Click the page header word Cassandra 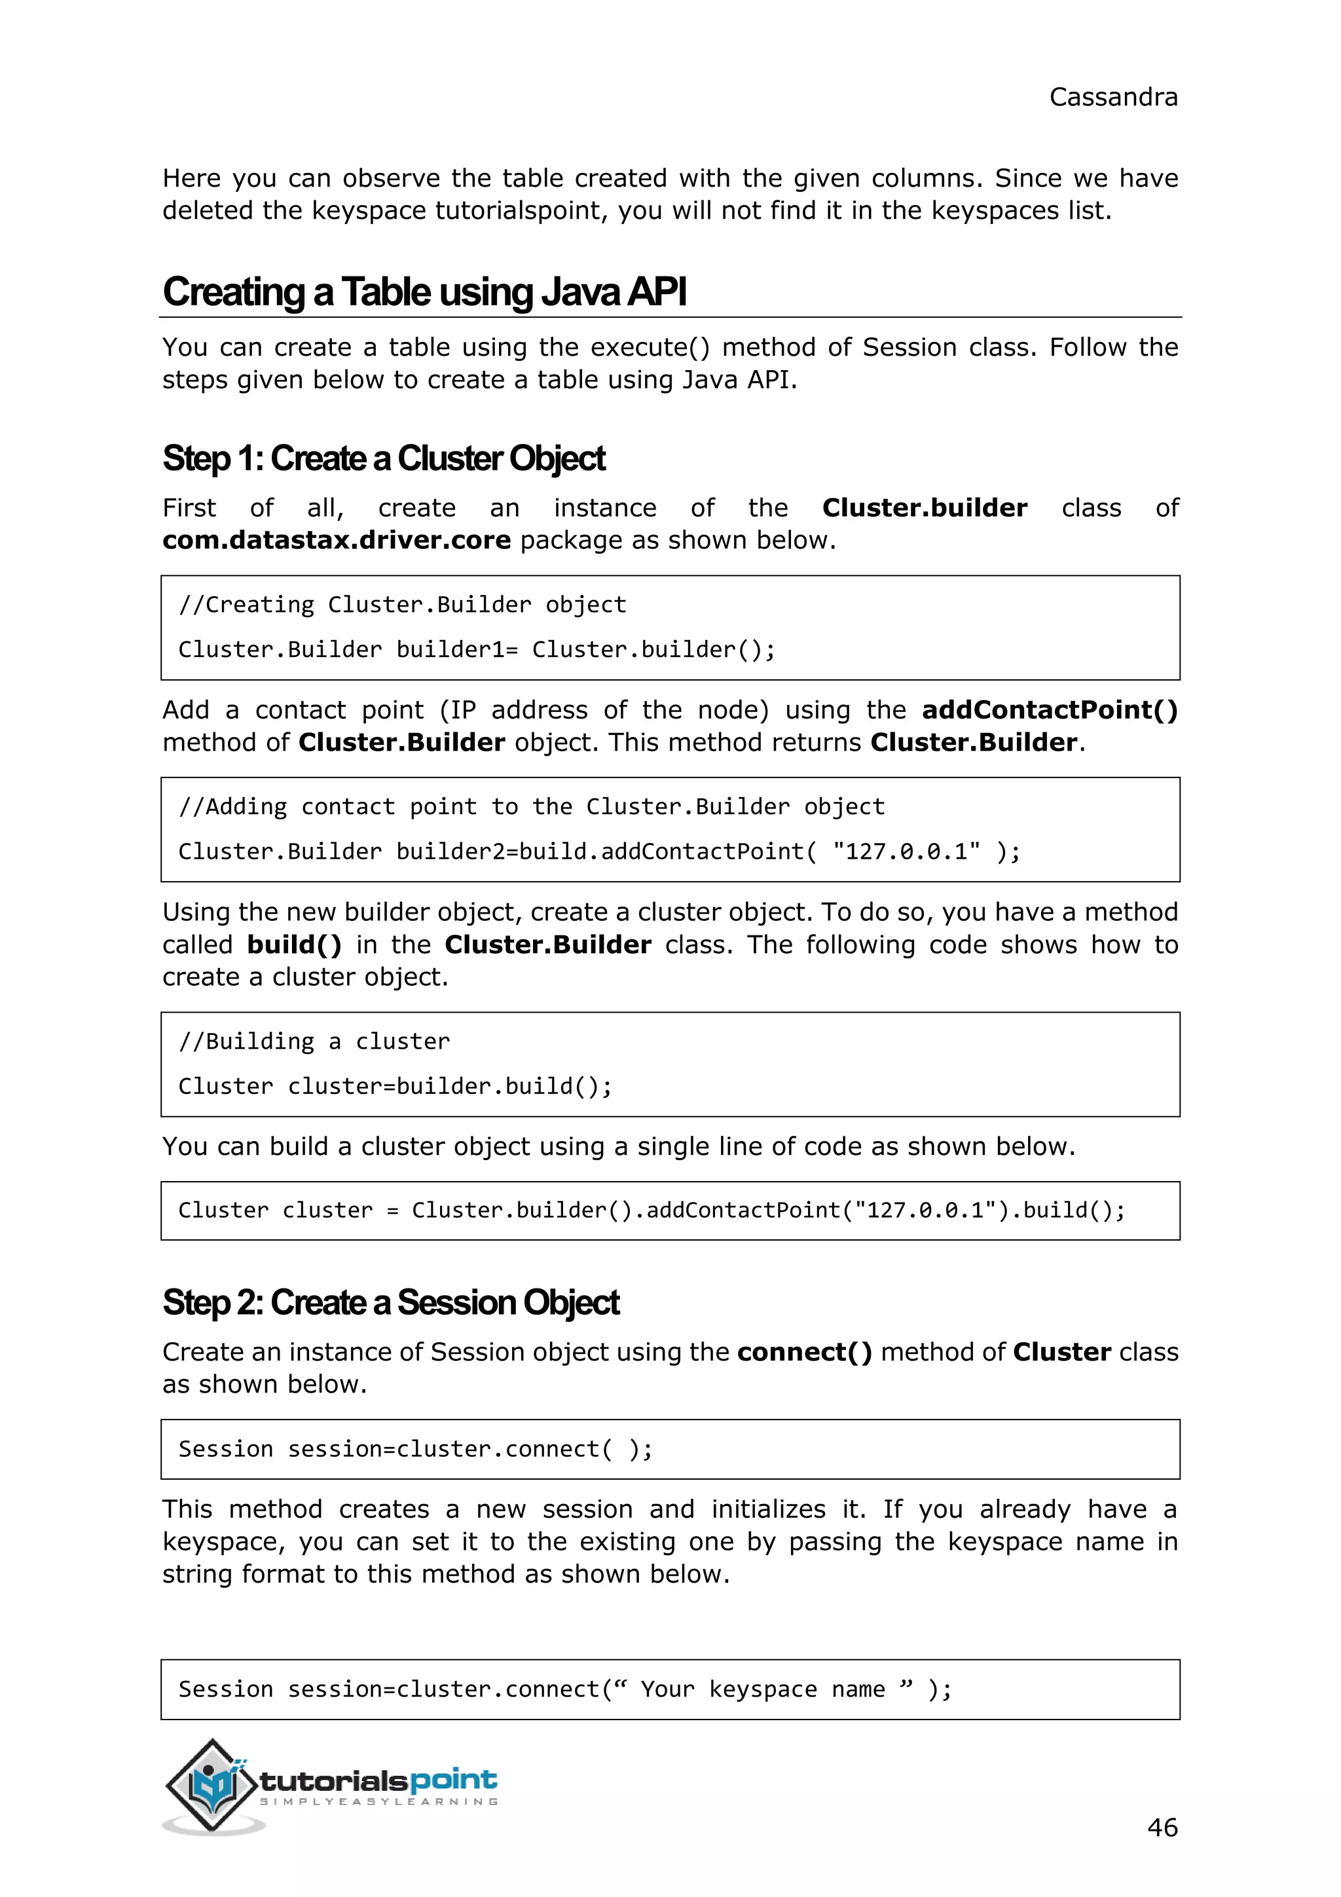pyautogui.click(x=1112, y=98)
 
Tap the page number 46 pyautogui.click(x=1162, y=1827)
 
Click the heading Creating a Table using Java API pyautogui.click(x=424, y=293)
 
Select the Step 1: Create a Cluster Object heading pyautogui.click(x=384, y=459)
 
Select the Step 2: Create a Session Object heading pyautogui.click(x=390, y=1303)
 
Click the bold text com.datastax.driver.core pyautogui.click(x=336, y=540)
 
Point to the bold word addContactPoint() pyautogui.click(x=1050, y=709)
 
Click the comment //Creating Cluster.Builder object pyautogui.click(x=402, y=605)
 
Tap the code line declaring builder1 pyautogui.click(x=477, y=649)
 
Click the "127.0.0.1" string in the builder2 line pyautogui.click(x=906, y=852)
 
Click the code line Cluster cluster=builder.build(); pyautogui.click(x=395, y=1087)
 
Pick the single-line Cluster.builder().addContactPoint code pyautogui.click(x=652, y=1211)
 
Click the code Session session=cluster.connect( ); pyautogui.click(x=415, y=1449)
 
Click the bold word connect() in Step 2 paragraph pyautogui.click(x=804, y=1353)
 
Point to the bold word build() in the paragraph pyautogui.click(x=294, y=945)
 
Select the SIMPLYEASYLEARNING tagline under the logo pyautogui.click(x=379, y=1802)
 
